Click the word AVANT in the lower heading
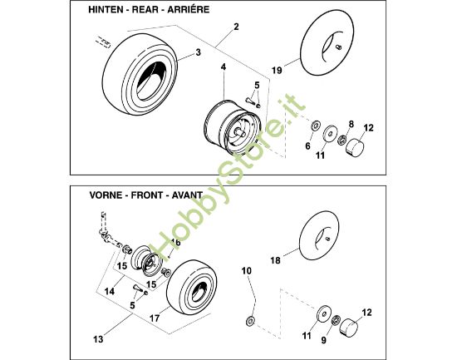pyautogui.click(x=187, y=195)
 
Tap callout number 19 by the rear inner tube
pyautogui.click(x=278, y=71)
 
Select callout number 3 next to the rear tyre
pyautogui.click(x=199, y=52)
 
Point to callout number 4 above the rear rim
pyautogui.click(x=224, y=67)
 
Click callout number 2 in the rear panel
pyautogui.click(x=236, y=27)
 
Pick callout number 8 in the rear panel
pyautogui.click(x=351, y=124)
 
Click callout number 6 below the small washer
pyautogui.click(x=308, y=145)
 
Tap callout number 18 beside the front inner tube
pyautogui.click(x=276, y=260)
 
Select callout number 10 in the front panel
pyautogui.click(x=246, y=271)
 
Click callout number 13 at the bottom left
pyautogui.click(x=99, y=339)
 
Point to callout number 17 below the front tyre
pyautogui.click(x=155, y=318)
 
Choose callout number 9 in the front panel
pyautogui.click(x=324, y=340)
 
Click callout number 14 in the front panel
pyautogui.click(x=110, y=291)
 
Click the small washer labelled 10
pyautogui.click(x=250, y=321)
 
